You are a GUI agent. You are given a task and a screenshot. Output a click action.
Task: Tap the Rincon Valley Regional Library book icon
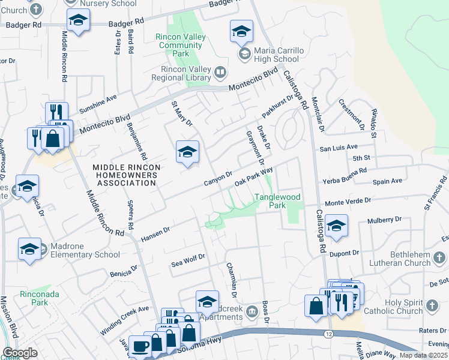(x=221, y=73)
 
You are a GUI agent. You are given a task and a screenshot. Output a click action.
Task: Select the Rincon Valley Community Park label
(x=180, y=45)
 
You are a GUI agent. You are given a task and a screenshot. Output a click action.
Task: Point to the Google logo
(x=20, y=353)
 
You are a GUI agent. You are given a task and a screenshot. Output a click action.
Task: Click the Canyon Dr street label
(x=218, y=178)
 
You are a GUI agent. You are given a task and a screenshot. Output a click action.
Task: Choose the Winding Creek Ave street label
(x=124, y=321)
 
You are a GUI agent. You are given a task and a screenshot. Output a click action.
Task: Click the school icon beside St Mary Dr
(x=187, y=152)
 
